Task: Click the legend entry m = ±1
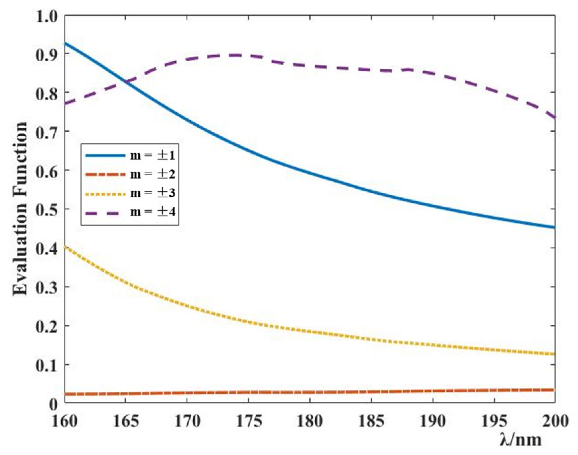coord(152,155)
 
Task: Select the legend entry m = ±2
coord(152,174)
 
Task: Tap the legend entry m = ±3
coord(152,193)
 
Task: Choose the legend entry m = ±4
coord(152,212)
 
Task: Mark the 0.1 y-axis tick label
coord(47,365)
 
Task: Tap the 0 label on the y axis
coord(54,404)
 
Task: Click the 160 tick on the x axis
coord(65,421)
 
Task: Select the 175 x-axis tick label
coord(249,421)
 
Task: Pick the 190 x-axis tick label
coord(433,421)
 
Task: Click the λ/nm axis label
coord(520,439)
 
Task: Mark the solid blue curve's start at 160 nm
coord(65,43)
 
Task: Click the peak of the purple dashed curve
coord(236,55)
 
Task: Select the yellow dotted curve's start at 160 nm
coord(65,247)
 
